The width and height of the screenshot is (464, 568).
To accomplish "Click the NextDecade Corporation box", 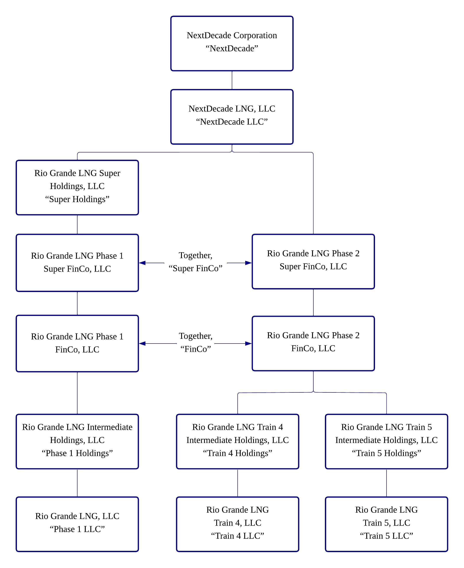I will coord(232,43).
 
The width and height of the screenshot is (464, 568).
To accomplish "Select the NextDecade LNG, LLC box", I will coord(232,117).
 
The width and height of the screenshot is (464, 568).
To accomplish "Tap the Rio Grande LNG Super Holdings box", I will coord(77,187).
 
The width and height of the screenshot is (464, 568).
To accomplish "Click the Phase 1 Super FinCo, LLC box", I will coord(77,263).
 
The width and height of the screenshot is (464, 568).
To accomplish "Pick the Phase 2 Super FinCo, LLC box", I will coord(313,261).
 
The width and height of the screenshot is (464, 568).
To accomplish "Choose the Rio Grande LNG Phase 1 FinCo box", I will coord(77,343).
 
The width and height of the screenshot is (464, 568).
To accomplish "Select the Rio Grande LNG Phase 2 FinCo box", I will coord(313,343).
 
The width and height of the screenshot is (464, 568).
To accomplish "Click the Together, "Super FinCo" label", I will coord(195,262).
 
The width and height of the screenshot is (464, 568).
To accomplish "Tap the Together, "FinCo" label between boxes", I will coord(195,342).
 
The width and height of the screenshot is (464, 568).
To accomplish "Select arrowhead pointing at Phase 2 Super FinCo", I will coord(248,263).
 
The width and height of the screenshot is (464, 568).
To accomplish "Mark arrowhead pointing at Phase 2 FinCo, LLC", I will coord(248,344).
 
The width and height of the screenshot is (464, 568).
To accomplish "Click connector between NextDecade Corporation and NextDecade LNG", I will coord(232,80).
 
